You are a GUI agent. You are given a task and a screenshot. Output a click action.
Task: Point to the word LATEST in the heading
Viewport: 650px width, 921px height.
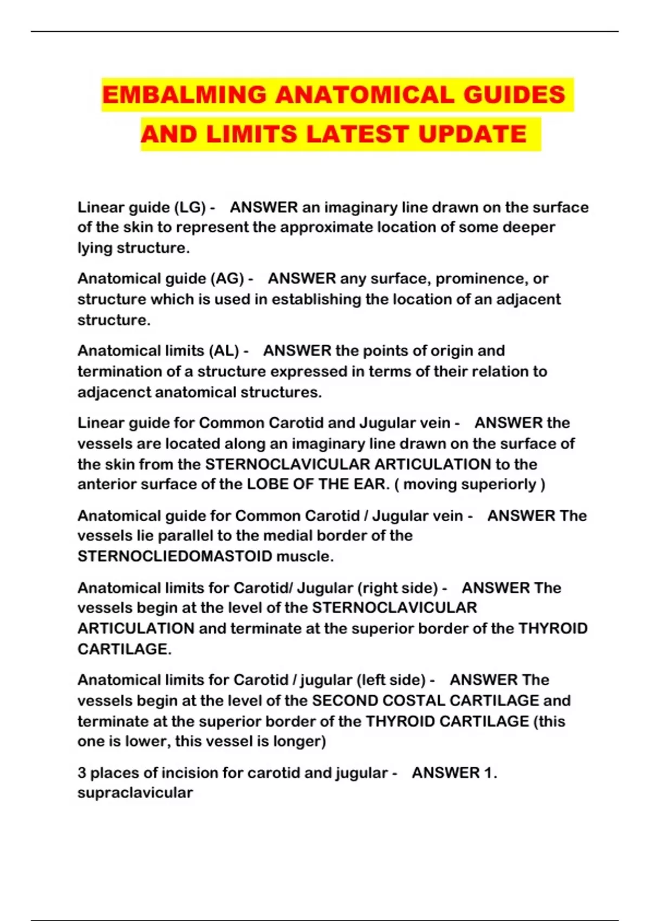click(x=357, y=134)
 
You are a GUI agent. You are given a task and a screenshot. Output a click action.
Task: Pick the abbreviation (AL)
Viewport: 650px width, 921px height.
click(x=223, y=351)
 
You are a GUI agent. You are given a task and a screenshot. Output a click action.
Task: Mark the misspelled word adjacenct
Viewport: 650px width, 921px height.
click(x=114, y=392)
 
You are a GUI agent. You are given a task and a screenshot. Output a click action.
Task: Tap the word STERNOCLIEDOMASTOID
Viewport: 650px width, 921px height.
click(x=174, y=556)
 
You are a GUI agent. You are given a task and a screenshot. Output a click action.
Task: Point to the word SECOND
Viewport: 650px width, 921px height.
click(x=345, y=701)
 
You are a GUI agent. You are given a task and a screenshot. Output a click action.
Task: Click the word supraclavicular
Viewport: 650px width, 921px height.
click(x=135, y=793)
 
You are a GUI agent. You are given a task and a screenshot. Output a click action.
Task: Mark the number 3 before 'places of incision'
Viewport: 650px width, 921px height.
click(x=82, y=773)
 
